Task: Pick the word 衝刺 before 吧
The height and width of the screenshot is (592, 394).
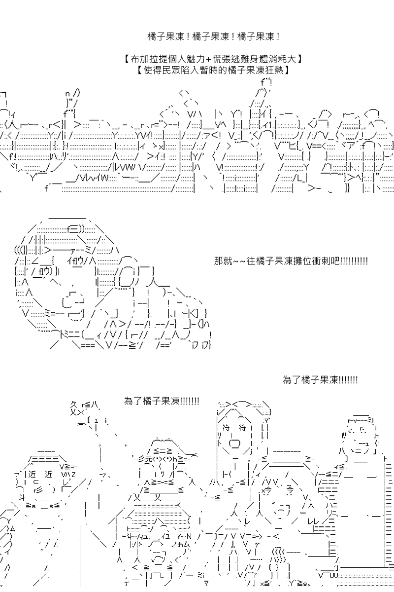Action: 315,260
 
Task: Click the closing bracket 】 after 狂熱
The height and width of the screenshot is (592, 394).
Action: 286,71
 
